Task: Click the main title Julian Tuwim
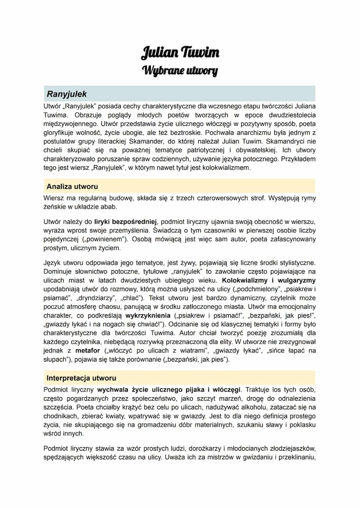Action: click(x=180, y=53)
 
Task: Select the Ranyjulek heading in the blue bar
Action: click(x=67, y=94)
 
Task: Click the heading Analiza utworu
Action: click(x=72, y=186)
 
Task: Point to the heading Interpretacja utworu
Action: click(x=81, y=378)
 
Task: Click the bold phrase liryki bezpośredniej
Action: click(x=126, y=222)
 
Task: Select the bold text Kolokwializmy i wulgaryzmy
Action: click(x=269, y=280)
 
